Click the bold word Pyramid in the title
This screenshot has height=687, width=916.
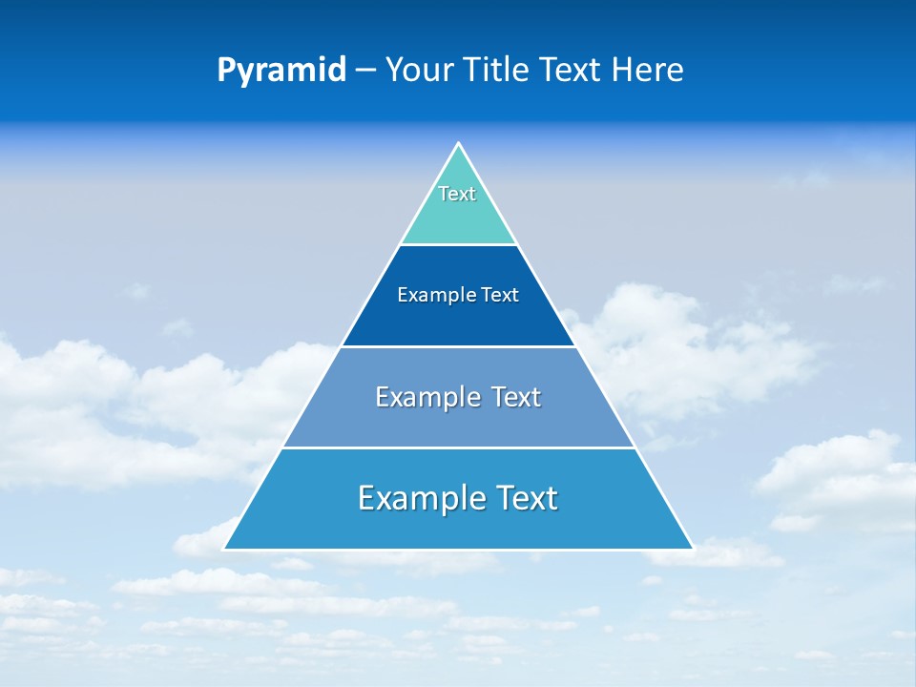[281, 71]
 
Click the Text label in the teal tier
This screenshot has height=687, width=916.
[457, 194]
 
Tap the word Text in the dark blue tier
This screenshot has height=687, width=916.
[500, 296]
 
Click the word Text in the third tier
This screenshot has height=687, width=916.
[516, 397]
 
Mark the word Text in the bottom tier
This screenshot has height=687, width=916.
[526, 498]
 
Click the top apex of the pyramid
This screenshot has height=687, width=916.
[458, 144]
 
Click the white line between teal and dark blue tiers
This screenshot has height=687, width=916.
[458, 245]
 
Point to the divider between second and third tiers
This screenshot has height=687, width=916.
[458, 346]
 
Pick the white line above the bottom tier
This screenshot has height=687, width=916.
[458, 448]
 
